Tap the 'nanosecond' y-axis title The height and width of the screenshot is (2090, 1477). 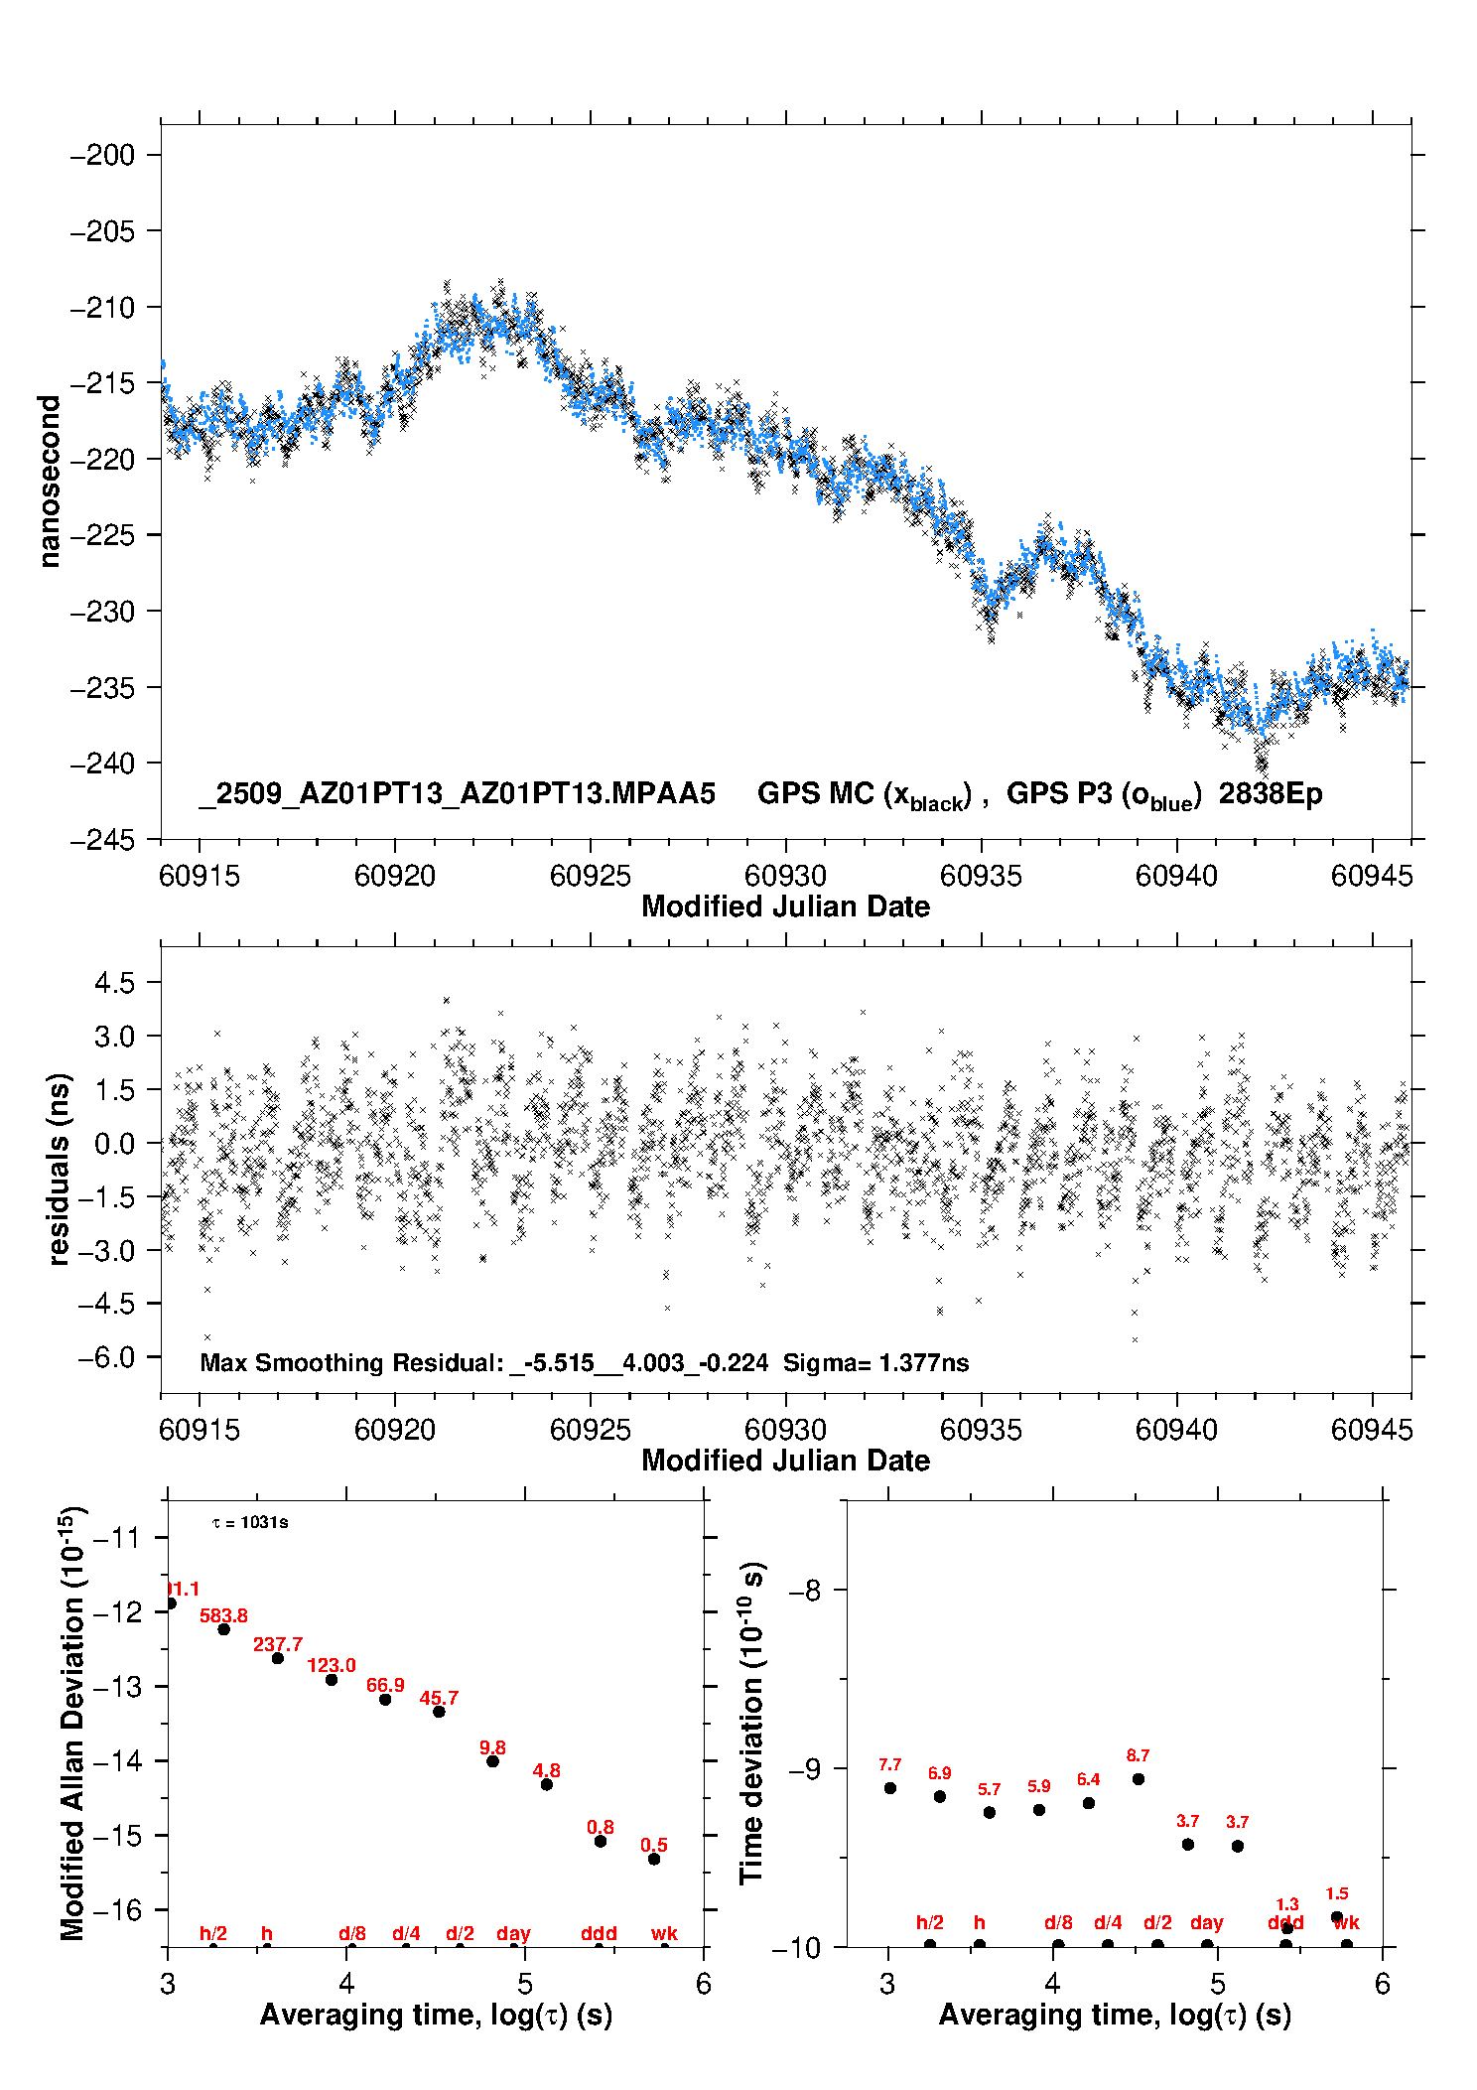(49, 482)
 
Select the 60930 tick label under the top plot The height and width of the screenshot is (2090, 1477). (785, 876)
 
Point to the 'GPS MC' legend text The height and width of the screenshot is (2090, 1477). (815, 794)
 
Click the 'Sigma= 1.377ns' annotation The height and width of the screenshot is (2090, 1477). (875, 1362)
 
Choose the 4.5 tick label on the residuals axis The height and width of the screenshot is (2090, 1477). (114, 983)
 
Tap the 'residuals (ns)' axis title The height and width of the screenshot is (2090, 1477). (59, 1169)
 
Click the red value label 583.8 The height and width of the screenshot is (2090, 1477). (223, 1616)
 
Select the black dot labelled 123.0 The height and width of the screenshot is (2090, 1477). (332, 1680)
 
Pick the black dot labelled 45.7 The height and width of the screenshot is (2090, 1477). (439, 1712)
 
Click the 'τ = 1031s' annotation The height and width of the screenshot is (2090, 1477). (250, 1523)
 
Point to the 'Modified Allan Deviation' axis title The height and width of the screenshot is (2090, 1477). (71, 1723)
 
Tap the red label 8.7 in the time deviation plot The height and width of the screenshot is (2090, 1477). (1138, 1756)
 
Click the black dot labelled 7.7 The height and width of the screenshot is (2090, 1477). (890, 1788)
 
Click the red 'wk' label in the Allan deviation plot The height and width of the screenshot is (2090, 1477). (664, 1934)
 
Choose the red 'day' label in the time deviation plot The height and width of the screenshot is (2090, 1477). (1206, 1923)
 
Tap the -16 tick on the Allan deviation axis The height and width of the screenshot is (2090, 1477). (116, 1910)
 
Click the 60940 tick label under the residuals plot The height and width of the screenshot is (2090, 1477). (1176, 1430)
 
